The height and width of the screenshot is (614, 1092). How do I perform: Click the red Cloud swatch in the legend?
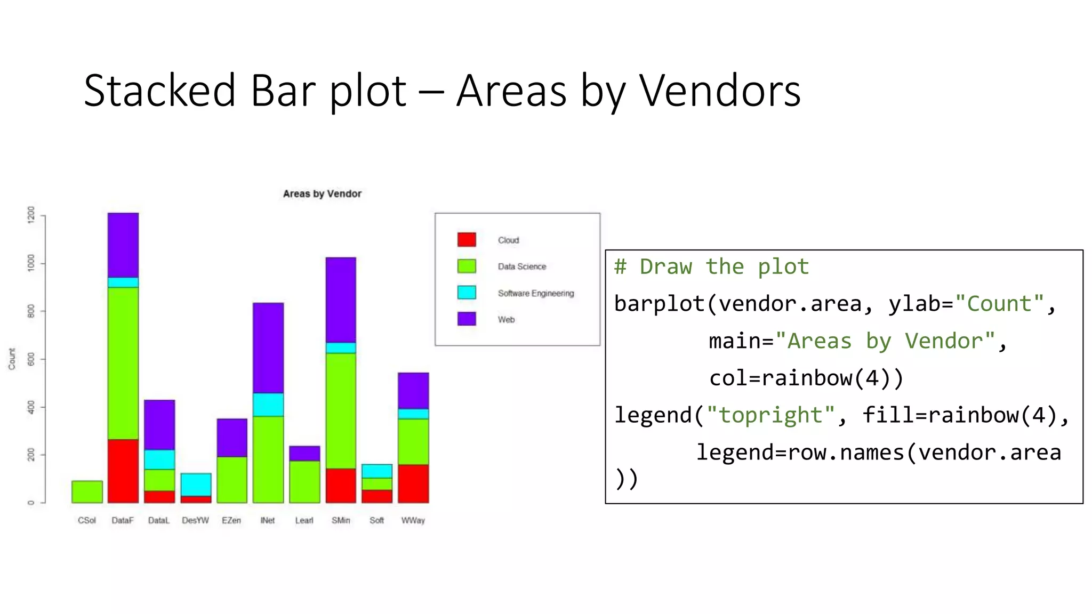[x=467, y=239]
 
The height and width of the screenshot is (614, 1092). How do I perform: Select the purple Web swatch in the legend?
[x=467, y=319]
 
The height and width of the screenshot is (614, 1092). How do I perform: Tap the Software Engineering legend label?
[x=536, y=293]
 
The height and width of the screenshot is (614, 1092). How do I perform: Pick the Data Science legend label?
[x=521, y=266]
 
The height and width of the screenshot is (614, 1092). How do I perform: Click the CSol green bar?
[x=87, y=491]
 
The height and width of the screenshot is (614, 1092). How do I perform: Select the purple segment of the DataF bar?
[x=123, y=245]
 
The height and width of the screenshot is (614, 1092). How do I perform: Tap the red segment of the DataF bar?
[x=123, y=471]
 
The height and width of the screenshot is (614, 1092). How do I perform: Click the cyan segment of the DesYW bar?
[x=196, y=484]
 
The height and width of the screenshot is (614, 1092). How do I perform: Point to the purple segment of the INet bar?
[x=268, y=348]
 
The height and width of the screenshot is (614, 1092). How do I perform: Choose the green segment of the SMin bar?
[x=341, y=410]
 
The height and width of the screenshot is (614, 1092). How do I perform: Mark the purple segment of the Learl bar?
[x=304, y=453]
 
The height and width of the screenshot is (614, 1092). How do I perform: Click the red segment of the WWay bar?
[x=413, y=483]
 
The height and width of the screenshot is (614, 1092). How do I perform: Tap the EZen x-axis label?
[x=231, y=520]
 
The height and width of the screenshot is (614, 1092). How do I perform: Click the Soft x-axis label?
[x=376, y=520]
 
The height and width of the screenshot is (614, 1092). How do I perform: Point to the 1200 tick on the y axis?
[x=31, y=215]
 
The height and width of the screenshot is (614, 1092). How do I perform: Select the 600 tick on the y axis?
[x=31, y=359]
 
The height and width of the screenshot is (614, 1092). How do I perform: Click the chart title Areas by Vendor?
[x=322, y=193]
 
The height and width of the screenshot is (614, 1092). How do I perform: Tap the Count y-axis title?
[x=12, y=359]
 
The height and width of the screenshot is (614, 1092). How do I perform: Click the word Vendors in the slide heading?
[x=720, y=91]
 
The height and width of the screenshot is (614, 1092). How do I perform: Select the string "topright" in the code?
[x=770, y=415]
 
